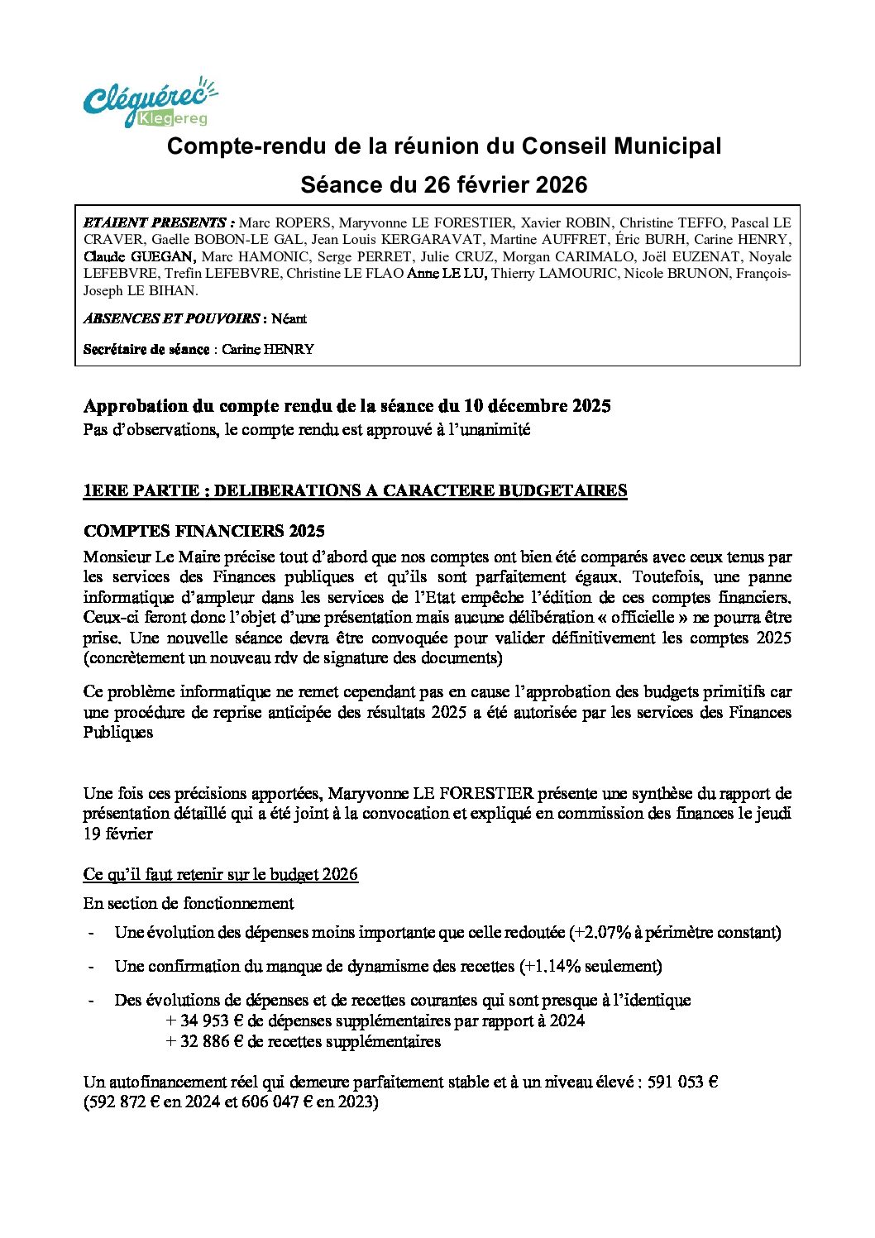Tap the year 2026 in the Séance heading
(561, 184)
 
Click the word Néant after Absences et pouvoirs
(289, 318)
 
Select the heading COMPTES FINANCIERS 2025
(203, 531)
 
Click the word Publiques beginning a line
(117, 733)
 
